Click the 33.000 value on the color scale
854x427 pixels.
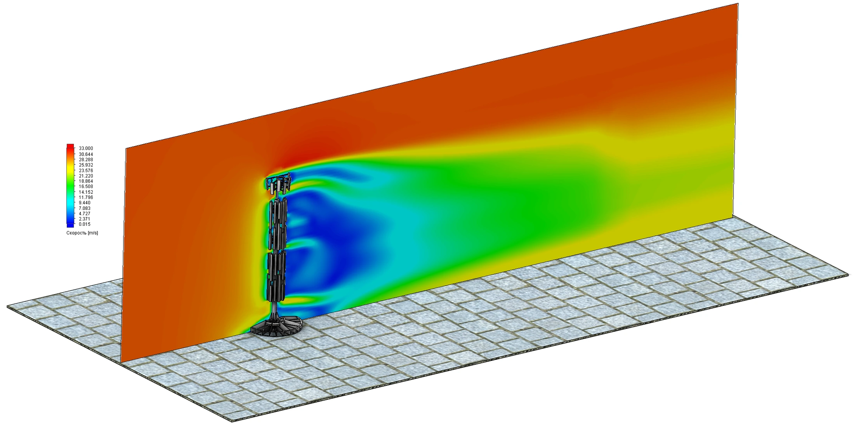point(86,148)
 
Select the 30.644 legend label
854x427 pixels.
point(86,154)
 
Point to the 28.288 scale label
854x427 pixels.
point(86,160)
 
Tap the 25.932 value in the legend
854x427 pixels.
point(86,165)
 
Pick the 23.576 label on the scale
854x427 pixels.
point(86,171)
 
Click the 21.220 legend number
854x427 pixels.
point(86,176)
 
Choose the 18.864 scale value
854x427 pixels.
point(86,181)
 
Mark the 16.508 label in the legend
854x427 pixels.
point(86,186)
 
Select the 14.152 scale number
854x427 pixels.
point(86,192)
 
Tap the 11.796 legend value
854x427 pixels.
point(86,197)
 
